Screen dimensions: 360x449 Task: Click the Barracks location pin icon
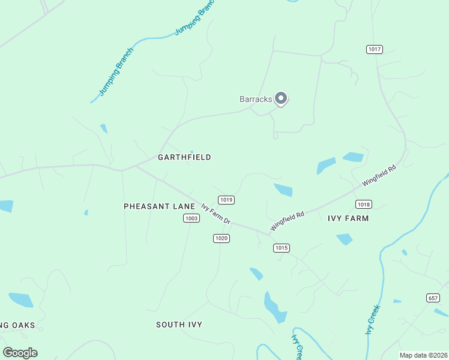click(x=280, y=98)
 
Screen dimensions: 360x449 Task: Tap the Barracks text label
click(x=256, y=99)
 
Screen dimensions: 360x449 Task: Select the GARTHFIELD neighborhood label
click(x=184, y=157)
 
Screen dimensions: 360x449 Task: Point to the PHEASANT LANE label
click(x=159, y=206)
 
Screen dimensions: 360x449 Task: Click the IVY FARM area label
click(x=348, y=218)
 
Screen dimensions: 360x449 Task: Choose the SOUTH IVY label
click(x=179, y=325)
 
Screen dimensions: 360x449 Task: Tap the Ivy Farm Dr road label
click(x=215, y=214)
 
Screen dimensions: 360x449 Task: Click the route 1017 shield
click(x=375, y=49)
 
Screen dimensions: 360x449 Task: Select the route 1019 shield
click(x=226, y=200)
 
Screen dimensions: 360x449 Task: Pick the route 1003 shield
click(x=191, y=218)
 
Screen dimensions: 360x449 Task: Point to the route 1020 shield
click(x=221, y=238)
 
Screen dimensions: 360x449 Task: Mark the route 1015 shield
click(x=282, y=248)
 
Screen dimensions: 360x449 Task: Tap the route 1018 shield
click(x=364, y=204)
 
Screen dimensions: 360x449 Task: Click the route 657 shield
click(x=433, y=298)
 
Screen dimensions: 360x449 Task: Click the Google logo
click(x=20, y=353)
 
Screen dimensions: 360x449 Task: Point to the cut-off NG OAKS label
click(x=18, y=325)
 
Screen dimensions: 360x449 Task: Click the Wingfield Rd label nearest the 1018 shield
click(x=379, y=176)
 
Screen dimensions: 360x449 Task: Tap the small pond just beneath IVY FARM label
click(x=345, y=239)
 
